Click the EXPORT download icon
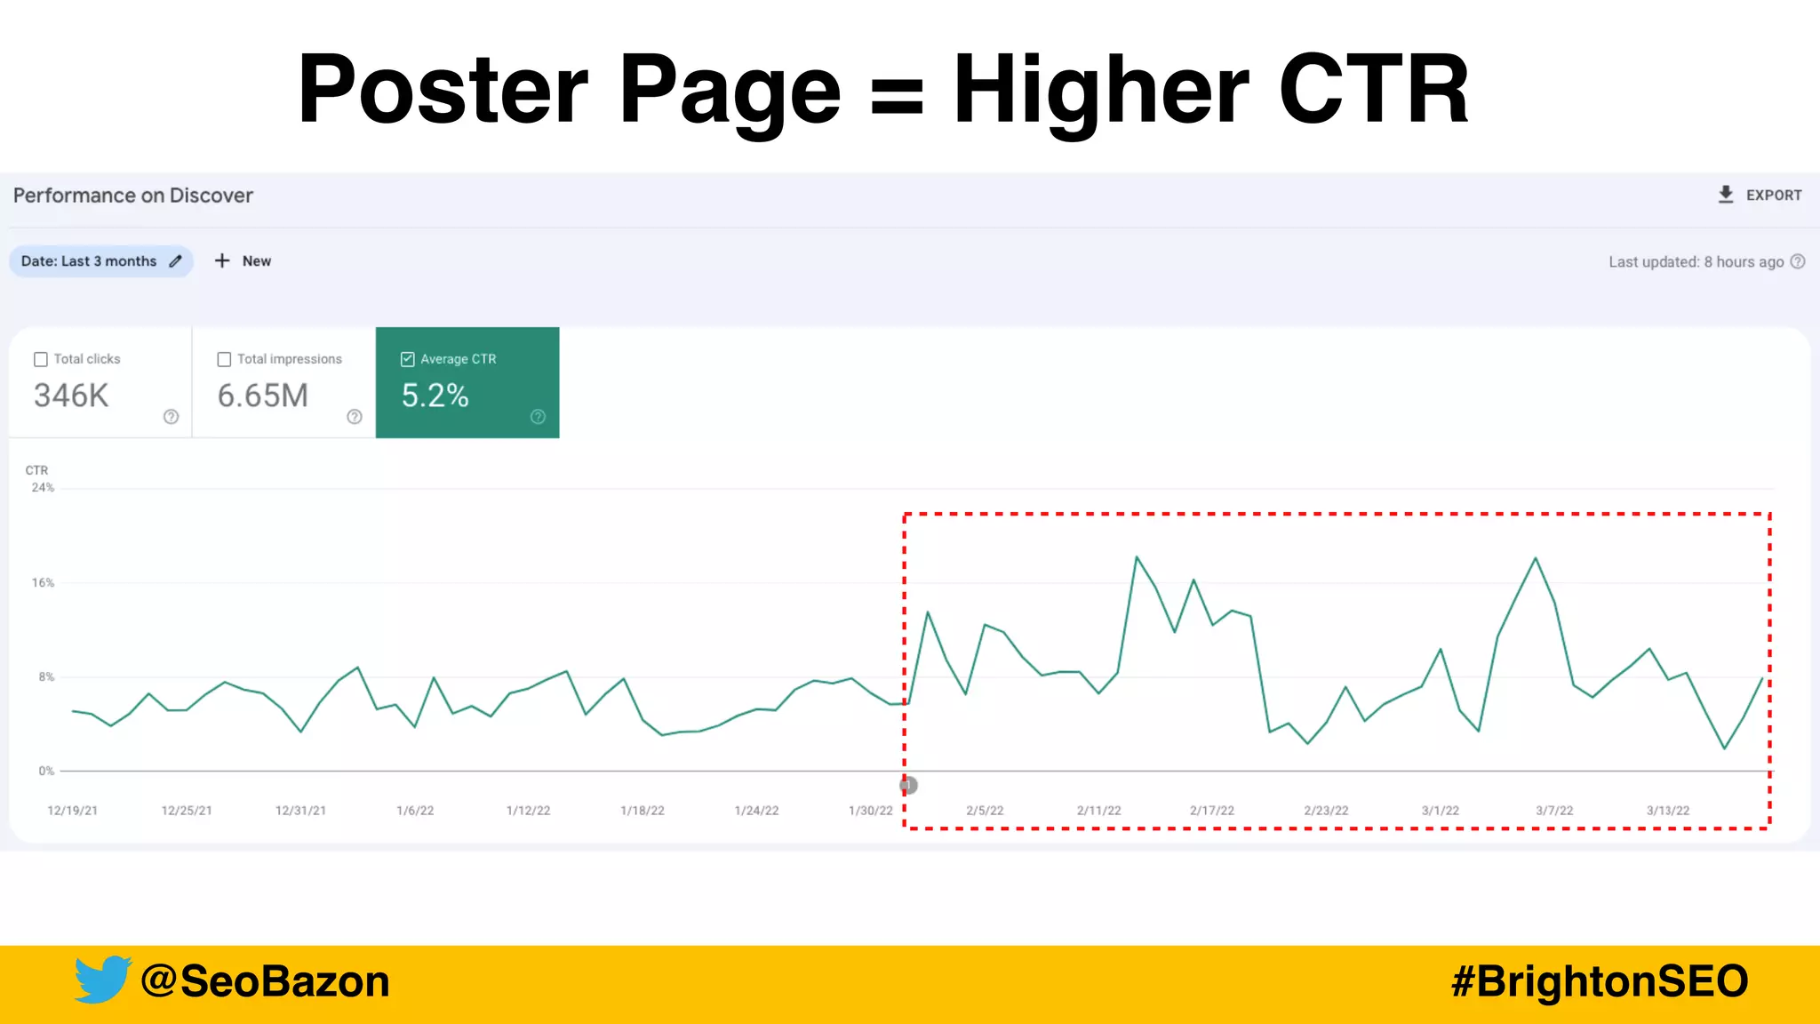1725,195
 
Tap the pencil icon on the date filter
176,261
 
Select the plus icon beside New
222,260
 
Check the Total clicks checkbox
41,359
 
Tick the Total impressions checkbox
224,359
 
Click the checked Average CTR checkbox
408,359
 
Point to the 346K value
71,396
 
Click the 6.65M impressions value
263,396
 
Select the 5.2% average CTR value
435,396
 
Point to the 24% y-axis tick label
43,488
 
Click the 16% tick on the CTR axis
43,583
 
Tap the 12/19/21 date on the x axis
72,811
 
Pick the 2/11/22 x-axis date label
1098,811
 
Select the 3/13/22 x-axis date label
1668,811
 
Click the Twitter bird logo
102,980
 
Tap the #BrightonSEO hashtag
1600,981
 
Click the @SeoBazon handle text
265,981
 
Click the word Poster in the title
443,89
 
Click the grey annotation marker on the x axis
908,785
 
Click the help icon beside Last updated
1798,261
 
